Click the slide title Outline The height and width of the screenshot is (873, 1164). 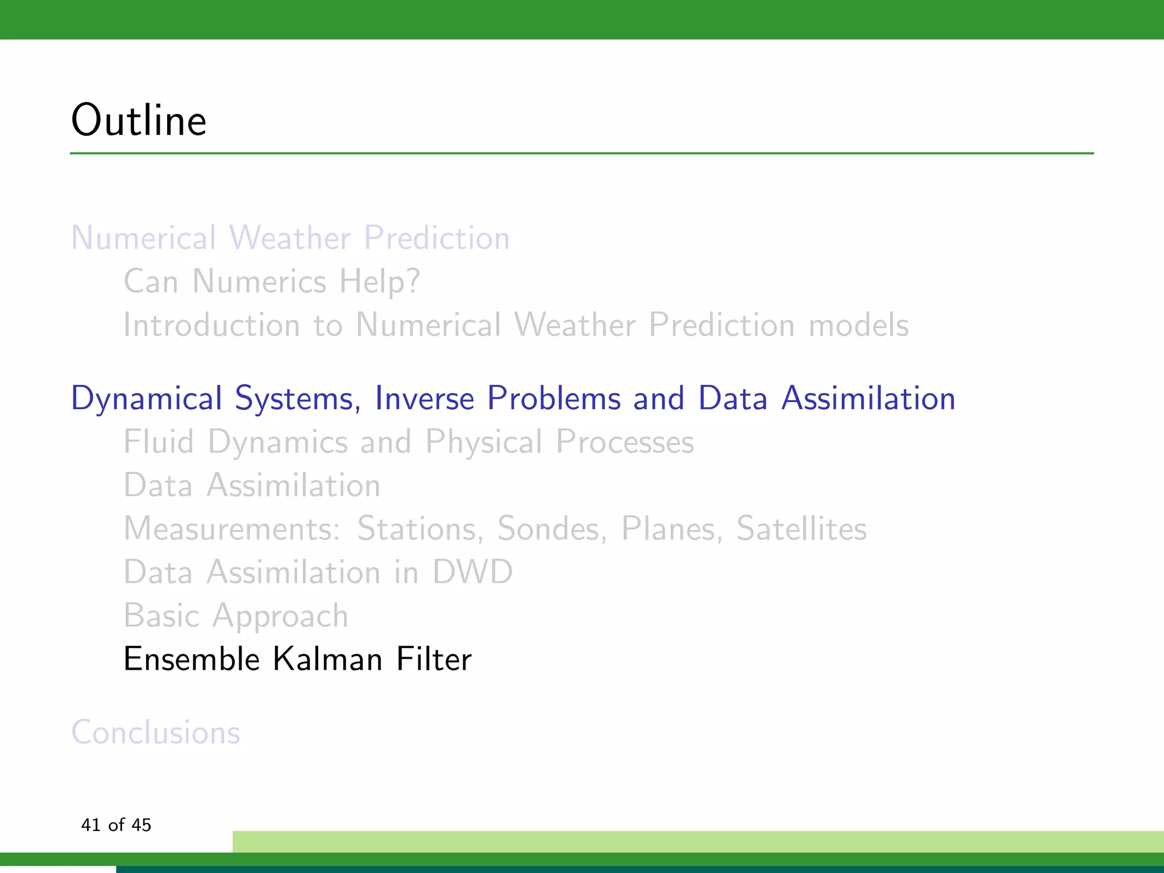tap(139, 120)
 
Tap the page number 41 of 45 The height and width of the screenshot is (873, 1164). tap(116, 825)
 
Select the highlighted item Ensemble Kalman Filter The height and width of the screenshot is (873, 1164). tap(297, 659)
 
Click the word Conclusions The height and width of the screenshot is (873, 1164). tap(155, 732)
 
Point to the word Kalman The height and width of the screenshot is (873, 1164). tap(327, 659)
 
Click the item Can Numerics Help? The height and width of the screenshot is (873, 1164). tap(272, 281)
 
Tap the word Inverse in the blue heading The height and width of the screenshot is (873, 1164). tap(424, 398)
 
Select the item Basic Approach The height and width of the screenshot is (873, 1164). tap(236, 616)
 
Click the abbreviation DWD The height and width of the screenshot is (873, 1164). tap(472, 572)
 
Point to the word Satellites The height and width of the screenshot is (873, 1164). tap(801, 529)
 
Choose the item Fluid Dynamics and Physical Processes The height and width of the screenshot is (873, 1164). tap(409, 442)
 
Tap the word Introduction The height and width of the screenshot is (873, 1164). tap(211, 325)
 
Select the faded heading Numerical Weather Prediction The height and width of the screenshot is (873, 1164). tap(290, 238)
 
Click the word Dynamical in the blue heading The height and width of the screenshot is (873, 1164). tap(146, 399)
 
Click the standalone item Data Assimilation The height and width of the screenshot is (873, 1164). tap(252, 485)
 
